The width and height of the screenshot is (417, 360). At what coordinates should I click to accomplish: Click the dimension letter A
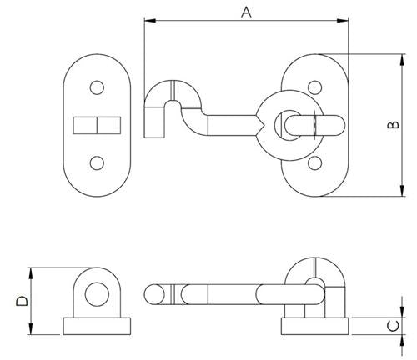pyautogui.click(x=245, y=11)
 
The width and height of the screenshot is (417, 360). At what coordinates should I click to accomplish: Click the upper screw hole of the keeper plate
pyautogui.click(x=98, y=87)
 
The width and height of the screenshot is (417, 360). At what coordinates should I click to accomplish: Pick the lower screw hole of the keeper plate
pyautogui.click(x=98, y=162)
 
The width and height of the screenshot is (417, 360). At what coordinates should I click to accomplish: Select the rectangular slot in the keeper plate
pyautogui.click(x=98, y=125)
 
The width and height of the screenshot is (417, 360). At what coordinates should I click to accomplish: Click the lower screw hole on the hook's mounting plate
pyautogui.click(x=314, y=162)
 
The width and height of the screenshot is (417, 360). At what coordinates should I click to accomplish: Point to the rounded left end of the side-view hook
pyautogui.click(x=153, y=294)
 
